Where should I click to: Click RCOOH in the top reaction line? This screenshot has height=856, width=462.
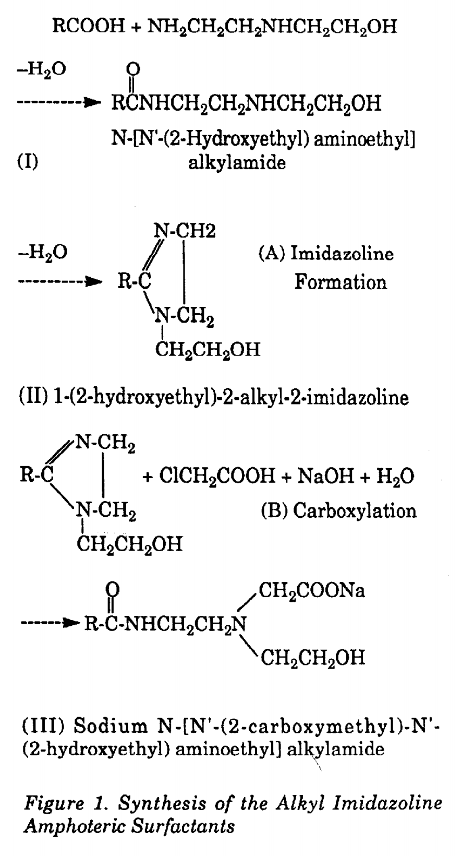[x=89, y=27]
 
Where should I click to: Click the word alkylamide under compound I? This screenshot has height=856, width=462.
[x=237, y=163]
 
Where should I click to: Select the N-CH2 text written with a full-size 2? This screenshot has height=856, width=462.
[x=185, y=231]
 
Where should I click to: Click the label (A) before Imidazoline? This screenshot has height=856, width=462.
[x=272, y=253]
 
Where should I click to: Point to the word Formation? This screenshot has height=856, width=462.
[x=341, y=282]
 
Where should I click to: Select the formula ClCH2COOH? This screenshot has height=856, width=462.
[x=217, y=476]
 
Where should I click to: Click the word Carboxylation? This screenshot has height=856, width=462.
[x=355, y=511]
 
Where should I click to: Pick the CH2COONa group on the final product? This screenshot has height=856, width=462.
[x=312, y=591]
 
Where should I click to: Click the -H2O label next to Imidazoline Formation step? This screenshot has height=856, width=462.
[x=42, y=252]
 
